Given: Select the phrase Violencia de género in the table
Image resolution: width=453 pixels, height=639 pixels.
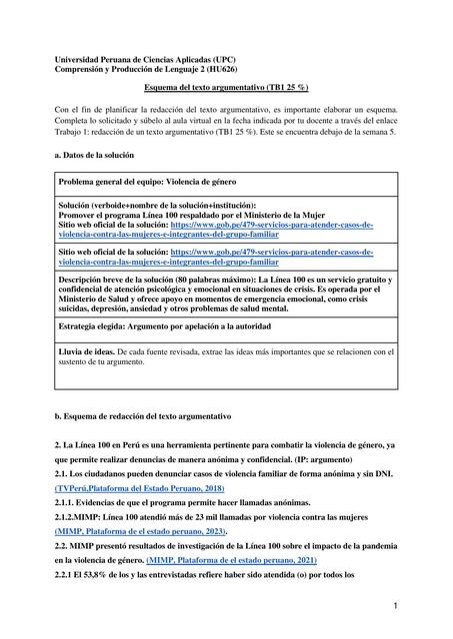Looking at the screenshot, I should coord(230,184).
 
